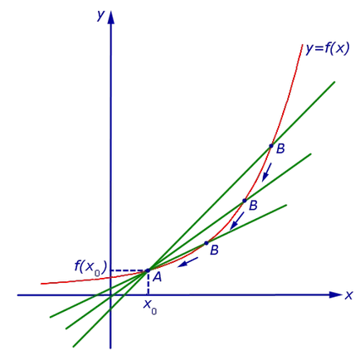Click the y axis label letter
coord(101,16)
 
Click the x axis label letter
coord(349,295)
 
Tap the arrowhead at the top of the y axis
coord(110,17)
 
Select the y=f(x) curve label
coord(328,49)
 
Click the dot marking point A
coord(148,270)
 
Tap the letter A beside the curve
coord(157,277)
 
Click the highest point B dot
coord(271,146)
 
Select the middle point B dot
coord(245,201)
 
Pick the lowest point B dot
coord(207,243)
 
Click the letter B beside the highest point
coord(280,148)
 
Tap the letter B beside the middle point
coord(253,206)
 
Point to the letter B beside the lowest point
coord(214,250)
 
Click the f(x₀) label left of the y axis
coord(90,267)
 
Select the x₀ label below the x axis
coord(150,308)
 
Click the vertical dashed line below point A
coord(148,284)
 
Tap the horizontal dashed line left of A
coord(128,270)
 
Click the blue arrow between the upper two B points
coord(267,173)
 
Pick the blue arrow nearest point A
coord(188,262)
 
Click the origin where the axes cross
coord(110,295)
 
